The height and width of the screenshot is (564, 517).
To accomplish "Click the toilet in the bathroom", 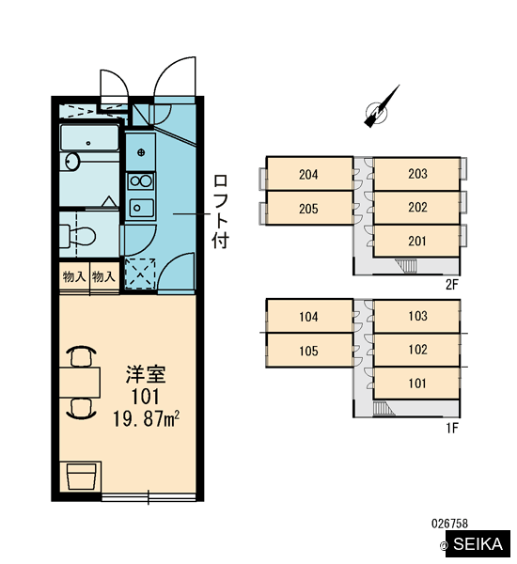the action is coord(78,236).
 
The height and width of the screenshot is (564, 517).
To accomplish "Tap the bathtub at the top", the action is coord(89,137).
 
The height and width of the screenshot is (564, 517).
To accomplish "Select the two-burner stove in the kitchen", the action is coord(141,180).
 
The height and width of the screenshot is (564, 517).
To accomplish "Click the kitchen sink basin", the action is coord(141,208).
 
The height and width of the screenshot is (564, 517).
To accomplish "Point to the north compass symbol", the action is coord(382,107).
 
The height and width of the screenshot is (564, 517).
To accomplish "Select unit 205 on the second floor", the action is coord(309,208).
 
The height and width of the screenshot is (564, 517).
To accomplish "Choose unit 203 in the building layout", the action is coord(417,174).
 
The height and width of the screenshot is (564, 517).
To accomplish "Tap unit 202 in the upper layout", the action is coord(417,207).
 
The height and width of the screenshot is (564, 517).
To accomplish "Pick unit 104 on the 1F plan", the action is coord(309,316).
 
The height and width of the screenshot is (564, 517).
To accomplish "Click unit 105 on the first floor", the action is coord(309,351).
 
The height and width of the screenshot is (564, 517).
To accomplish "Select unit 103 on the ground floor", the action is coord(417,316).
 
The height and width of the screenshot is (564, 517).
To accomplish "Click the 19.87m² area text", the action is coord(146,419).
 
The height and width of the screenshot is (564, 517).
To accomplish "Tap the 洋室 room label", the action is coord(146,375).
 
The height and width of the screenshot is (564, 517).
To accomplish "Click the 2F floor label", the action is coord(452,285).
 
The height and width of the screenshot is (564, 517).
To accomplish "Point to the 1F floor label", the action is coord(452,428).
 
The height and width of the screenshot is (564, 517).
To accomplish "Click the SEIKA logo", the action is coord(478,544).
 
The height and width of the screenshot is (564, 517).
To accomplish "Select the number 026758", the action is coord(449,524).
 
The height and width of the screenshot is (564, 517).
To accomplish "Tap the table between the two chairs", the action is coord(80,382).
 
